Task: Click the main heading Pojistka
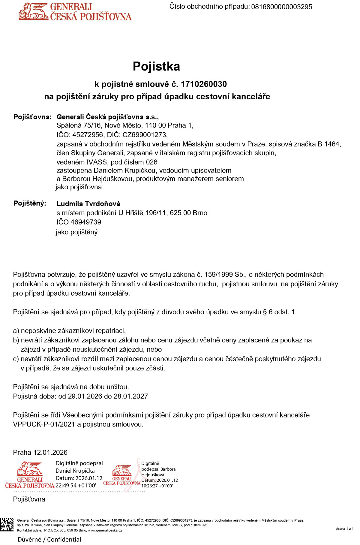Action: pyautogui.click(x=156, y=67)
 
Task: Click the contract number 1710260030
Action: pyautogui.click(x=204, y=84)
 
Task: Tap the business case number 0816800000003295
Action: pyautogui.click(x=281, y=7)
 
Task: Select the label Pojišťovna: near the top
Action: pyautogui.click(x=32, y=117)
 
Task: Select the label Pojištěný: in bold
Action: pyautogui.click(x=30, y=203)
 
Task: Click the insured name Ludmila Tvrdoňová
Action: pyautogui.click(x=88, y=204)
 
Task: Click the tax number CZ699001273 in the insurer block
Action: pyautogui.click(x=145, y=135)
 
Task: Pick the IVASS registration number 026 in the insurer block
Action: pyautogui.click(x=151, y=162)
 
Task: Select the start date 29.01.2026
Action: pyautogui.click(x=85, y=396)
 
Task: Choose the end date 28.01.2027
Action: pyautogui.click(x=131, y=396)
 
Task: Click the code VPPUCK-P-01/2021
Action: pyautogui.click(x=44, y=424)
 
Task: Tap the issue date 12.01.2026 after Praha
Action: pyautogui.click(x=50, y=453)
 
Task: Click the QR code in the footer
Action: pyautogui.click(x=7, y=525)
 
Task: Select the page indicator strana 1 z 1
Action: pyautogui.click(x=344, y=529)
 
